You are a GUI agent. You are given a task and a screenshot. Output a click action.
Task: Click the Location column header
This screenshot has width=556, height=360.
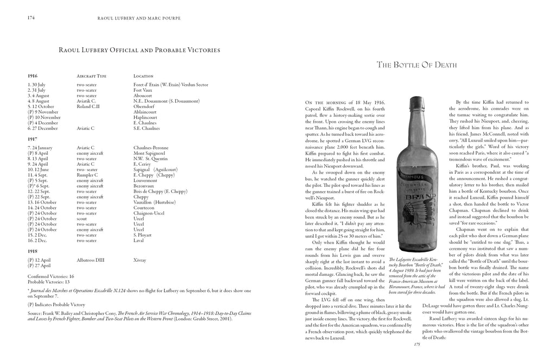[143, 76]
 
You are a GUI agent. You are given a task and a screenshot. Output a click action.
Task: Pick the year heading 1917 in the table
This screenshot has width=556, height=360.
[33, 140]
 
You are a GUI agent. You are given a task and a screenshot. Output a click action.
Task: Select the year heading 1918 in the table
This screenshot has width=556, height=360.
[33, 252]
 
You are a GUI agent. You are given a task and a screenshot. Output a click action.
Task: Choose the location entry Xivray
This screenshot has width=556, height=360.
[139, 260]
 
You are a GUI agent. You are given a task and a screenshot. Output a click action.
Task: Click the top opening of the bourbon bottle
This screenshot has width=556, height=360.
[417, 99]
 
